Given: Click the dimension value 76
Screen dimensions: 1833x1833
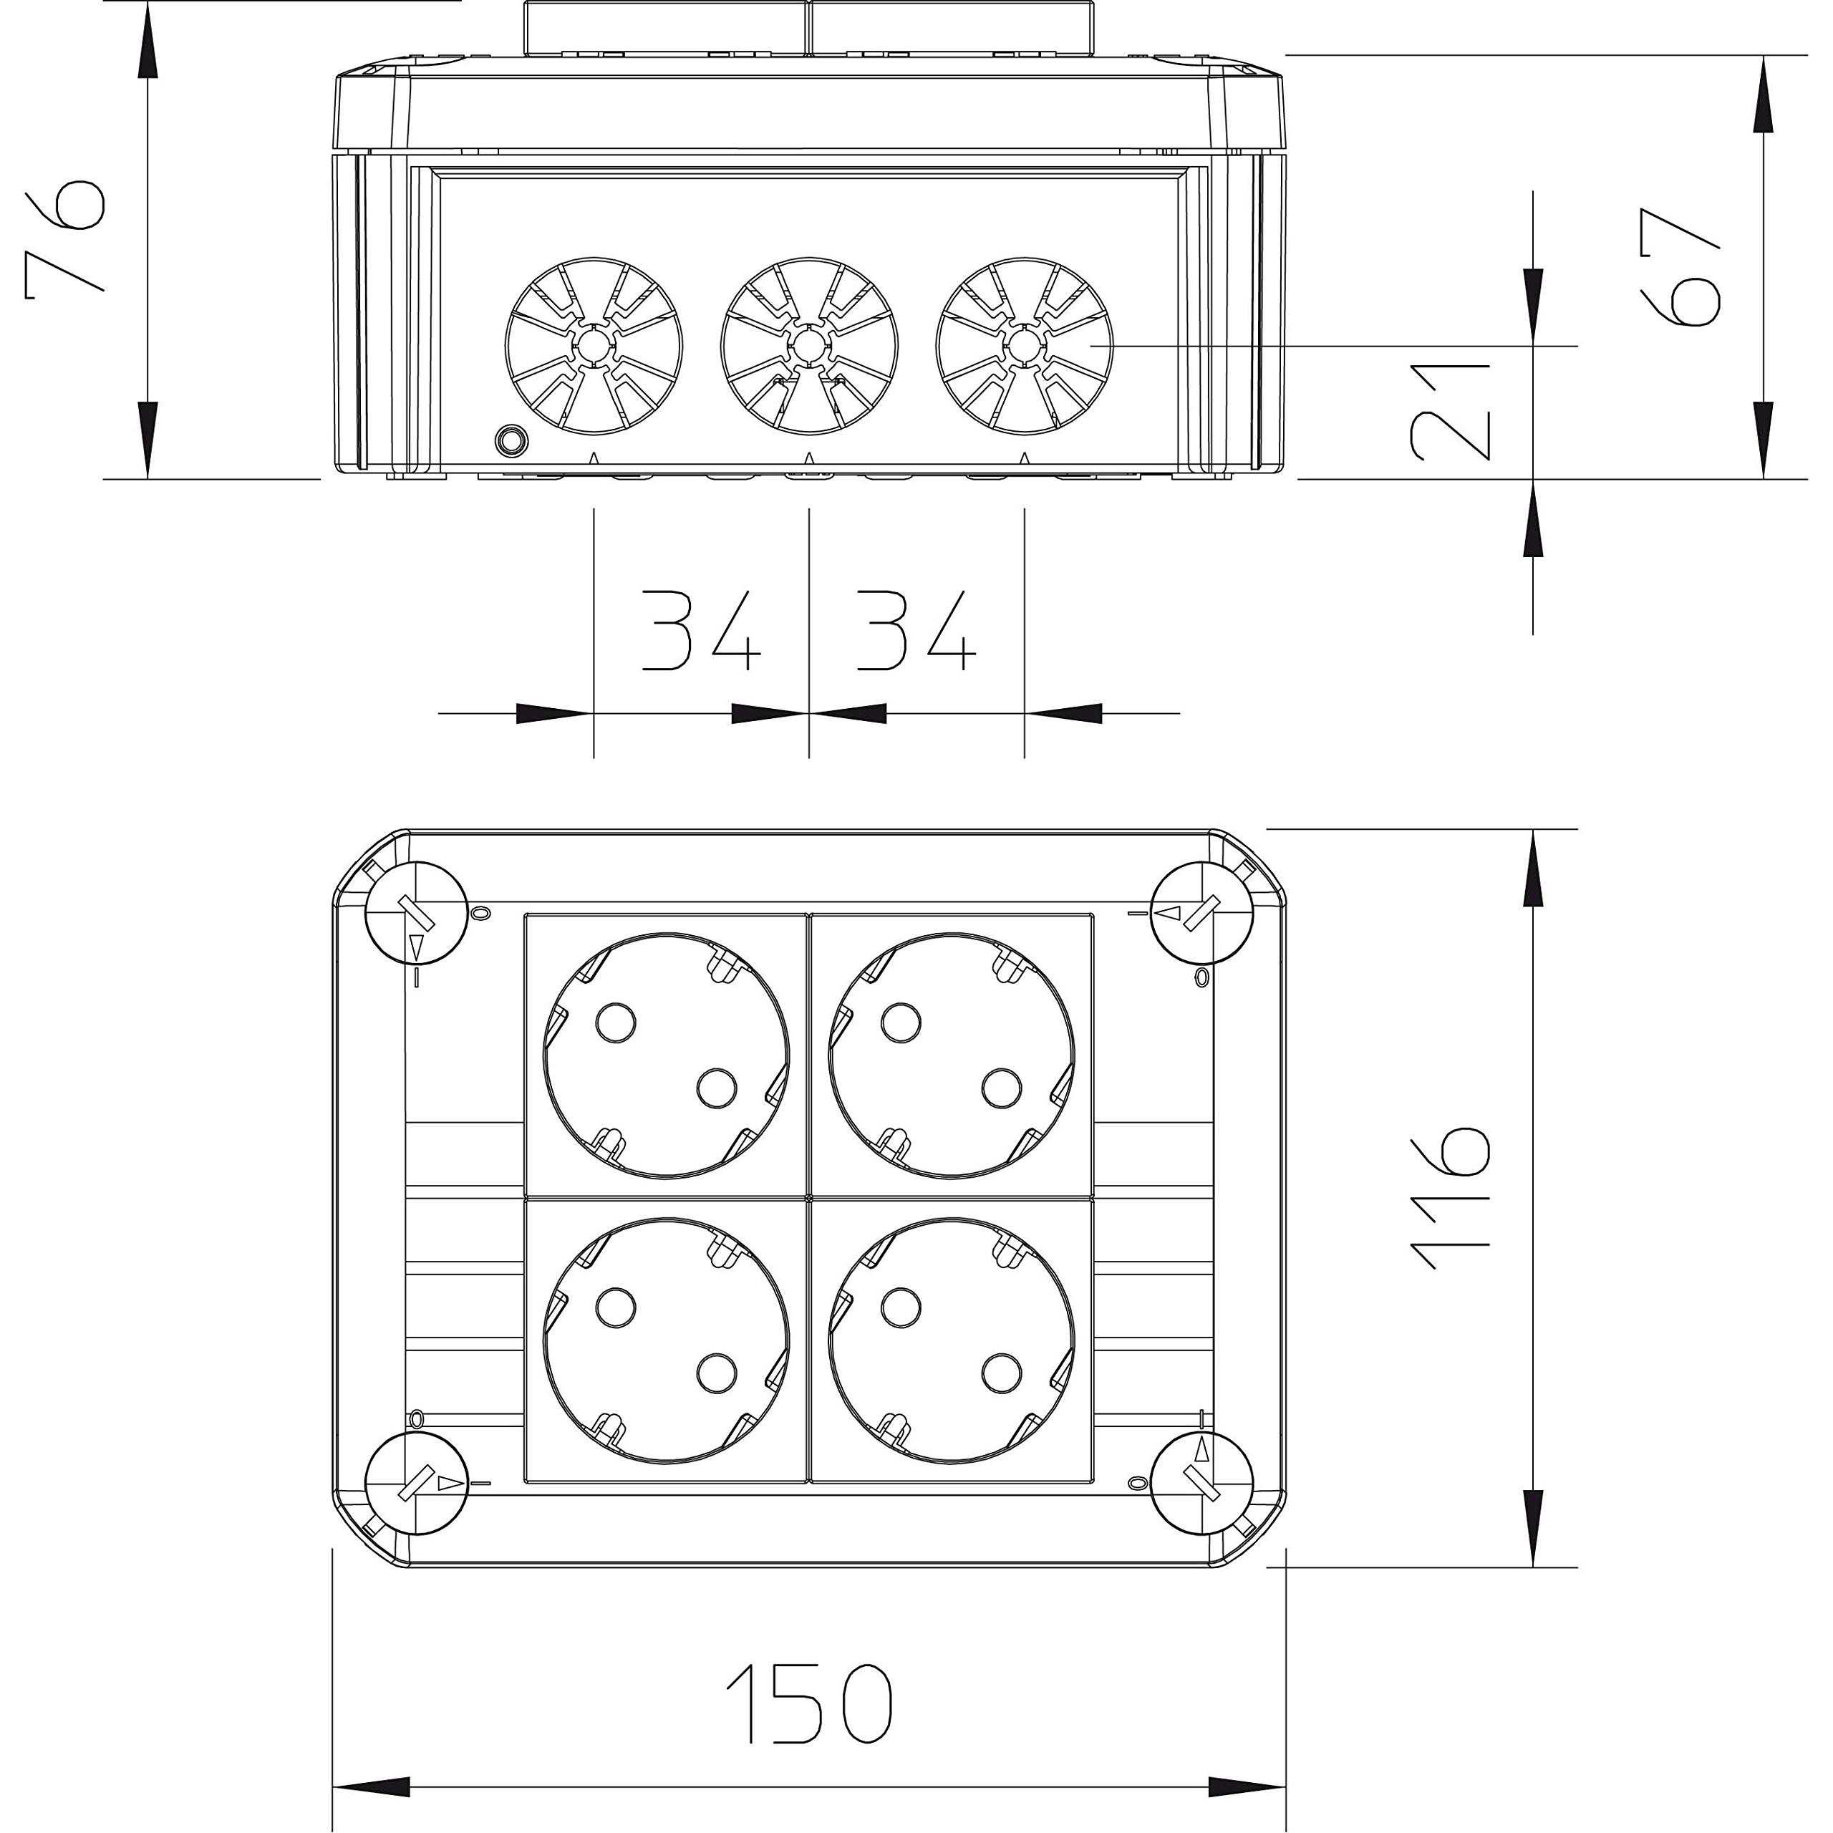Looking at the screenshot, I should [64, 239].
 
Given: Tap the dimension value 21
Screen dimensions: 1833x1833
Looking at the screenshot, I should [1451, 411].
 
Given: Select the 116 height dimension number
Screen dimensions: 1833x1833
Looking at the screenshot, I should [1451, 1199].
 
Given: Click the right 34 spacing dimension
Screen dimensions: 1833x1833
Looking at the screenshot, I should [916, 631].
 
